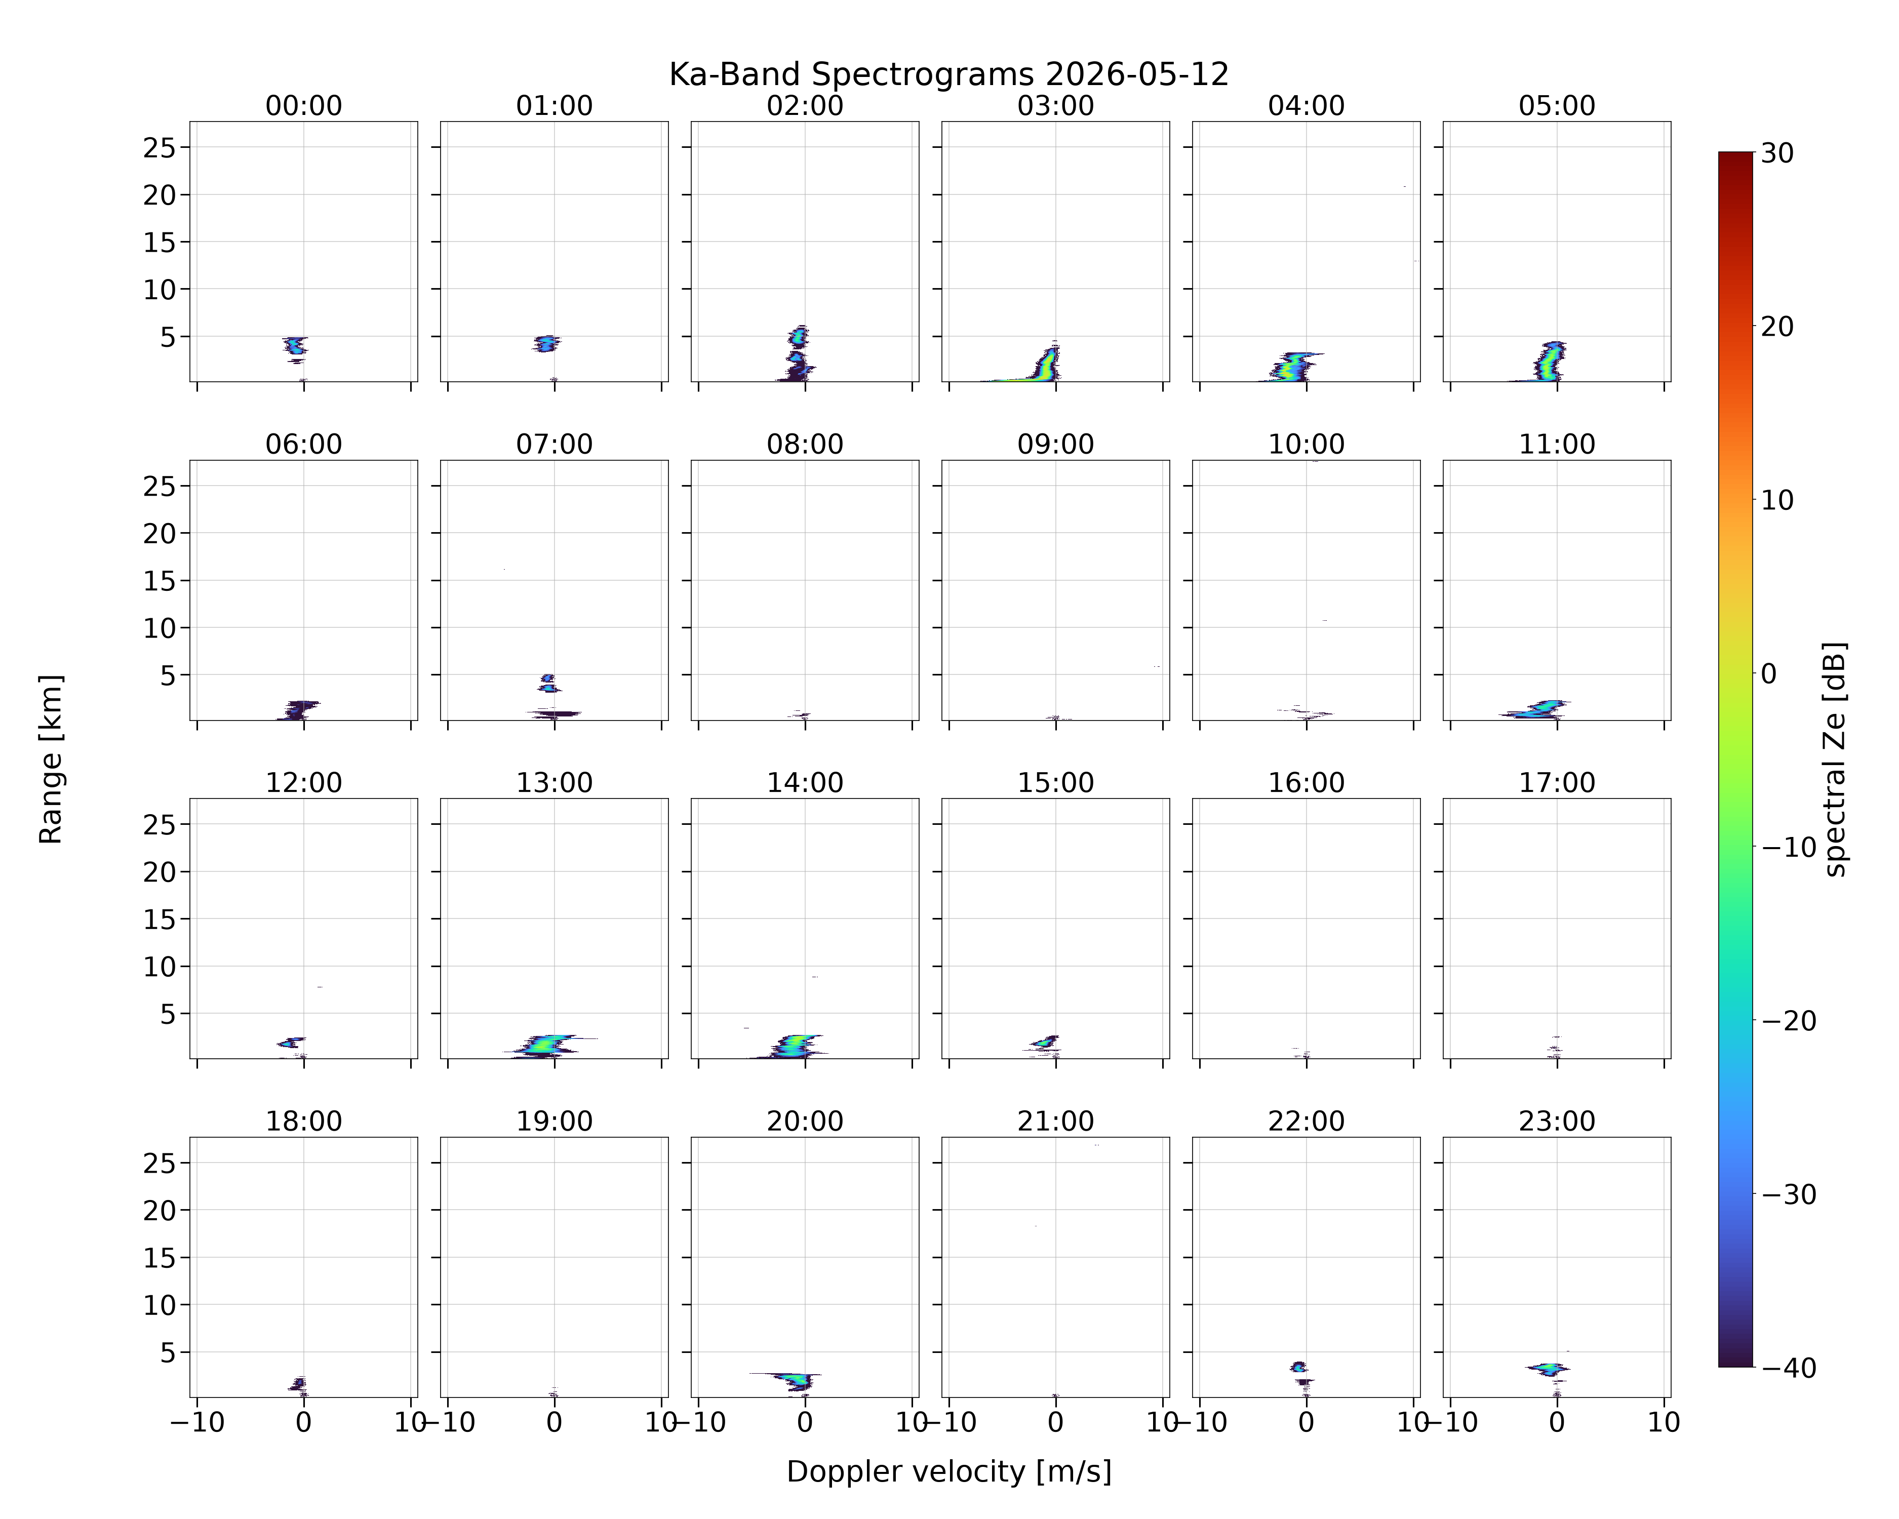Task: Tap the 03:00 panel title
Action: pyautogui.click(x=1055, y=106)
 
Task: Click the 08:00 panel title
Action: pyautogui.click(x=805, y=444)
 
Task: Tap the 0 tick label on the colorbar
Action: pyautogui.click(x=1769, y=673)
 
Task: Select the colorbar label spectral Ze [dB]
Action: pyautogui.click(x=1836, y=759)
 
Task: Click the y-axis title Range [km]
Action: pyautogui.click(x=51, y=759)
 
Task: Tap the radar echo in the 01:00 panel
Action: pyautogui.click(x=546, y=343)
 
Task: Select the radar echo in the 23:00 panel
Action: pyautogui.click(x=1549, y=1369)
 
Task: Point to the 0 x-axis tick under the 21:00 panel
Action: pyautogui.click(x=1055, y=1422)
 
